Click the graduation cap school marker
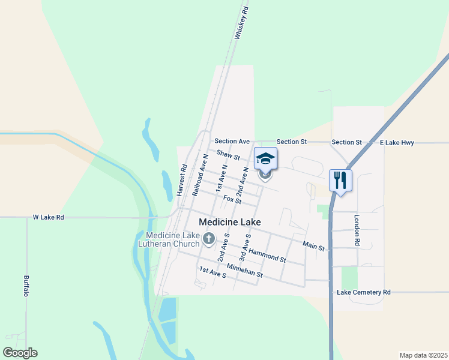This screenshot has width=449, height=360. click(x=265, y=159)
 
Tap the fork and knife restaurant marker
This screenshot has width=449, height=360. click(x=340, y=180)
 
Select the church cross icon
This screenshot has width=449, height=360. click(x=208, y=239)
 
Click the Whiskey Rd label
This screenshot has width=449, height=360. click(x=241, y=23)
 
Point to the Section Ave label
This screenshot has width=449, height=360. click(x=232, y=141)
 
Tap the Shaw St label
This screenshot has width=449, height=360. click(x=228, y=156)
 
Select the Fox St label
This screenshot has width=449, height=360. click(x=232, y=199)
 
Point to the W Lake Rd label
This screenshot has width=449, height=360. click(x=48, y=217)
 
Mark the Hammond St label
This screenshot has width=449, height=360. click(x=267, y=255)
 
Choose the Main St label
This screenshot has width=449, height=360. click(x=313, y=246)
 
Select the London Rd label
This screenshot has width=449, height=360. click(x=357, y=230)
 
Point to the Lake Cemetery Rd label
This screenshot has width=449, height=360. click(x=364, y=292)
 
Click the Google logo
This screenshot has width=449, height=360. click(x=20, y=352)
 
